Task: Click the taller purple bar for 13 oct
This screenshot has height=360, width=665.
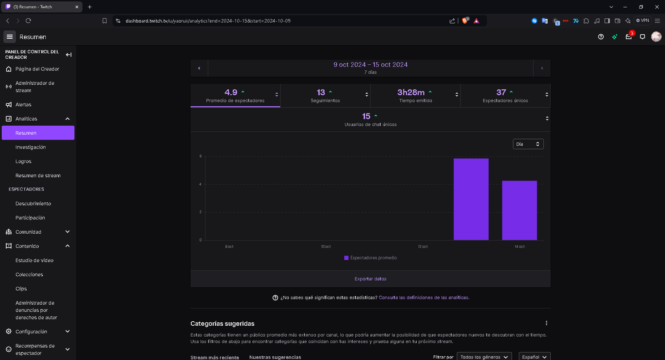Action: (x=471, y=199)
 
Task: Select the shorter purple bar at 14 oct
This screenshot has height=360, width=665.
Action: (x=519, y=210)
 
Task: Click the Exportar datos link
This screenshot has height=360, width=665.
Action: (x=370, y=279)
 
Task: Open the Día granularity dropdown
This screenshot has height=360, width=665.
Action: (x=528, y=144)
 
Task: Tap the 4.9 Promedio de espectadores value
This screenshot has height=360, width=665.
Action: (x=231, y=92)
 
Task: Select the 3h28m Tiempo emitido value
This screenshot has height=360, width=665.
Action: (x=411, y=92)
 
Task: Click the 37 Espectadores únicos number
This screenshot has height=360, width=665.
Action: (x=501, y=92)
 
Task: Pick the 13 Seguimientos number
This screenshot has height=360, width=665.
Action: (x=321, y=92)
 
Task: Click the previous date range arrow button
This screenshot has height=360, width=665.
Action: (x=199, y=68)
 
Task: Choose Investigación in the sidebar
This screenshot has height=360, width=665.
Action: (x=30, y=147)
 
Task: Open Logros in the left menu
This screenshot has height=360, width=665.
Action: (x=23, y=162)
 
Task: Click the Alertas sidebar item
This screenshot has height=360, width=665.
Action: (x=23, y=105)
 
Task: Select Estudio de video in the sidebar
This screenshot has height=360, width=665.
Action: (x=34, y=260)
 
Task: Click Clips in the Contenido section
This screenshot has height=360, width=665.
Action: (x=21, y=289)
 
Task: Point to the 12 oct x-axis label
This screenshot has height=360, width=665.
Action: (x=423, y=246)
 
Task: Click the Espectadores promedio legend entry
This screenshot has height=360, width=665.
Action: (x=370, y=258)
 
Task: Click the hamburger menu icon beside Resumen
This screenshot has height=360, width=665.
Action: (x=9, y=37)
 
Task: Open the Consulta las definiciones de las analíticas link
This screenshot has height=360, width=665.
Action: (x=424, y=297)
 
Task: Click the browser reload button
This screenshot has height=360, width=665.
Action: (x=28, y=20)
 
